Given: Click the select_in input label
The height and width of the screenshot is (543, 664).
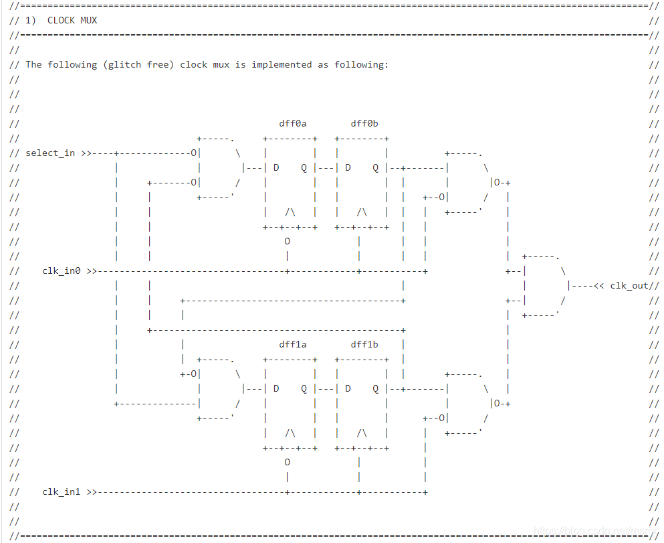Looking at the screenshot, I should pyautogui.click(x=50, y=153).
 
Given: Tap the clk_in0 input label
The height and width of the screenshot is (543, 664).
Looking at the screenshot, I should pyautogui.click(x=62, y=271).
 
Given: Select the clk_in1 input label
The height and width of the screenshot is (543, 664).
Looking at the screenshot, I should pyautogui.click(x=62, y=492).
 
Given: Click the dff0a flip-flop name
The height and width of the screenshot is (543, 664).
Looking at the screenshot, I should pyautogui.click(x=292, y=123).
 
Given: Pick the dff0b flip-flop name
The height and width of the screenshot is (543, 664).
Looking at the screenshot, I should pyautogui.click(x=364, y=123).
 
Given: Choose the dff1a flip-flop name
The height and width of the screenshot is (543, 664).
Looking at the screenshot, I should pyautogui.click(x=292, y=344).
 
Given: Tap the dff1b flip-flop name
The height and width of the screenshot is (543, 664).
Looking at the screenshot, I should pyautogui.click(x=364, y=344).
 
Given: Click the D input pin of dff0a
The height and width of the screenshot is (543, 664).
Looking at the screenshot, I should pyautogui.click(x=276, y=167).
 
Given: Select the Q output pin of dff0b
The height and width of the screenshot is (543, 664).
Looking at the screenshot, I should pyautogui.click(x=376, y=167).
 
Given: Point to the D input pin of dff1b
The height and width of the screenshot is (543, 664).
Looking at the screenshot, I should pyautogui.click(x=348, y=388).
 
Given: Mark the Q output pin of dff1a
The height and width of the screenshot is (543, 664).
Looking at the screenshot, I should pyautogui.click(x=304, y=388).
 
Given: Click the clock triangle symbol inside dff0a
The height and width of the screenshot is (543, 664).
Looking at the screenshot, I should pyautogui.click(x=290, y=212).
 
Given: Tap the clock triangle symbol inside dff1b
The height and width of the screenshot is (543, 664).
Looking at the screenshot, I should pyautogui.click(x=362, y=433).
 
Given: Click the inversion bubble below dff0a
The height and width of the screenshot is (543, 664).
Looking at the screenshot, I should pyautogui.click(x=287, y=241).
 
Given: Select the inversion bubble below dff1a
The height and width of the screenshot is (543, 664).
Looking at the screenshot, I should pyautogui.click(x=287, y=462).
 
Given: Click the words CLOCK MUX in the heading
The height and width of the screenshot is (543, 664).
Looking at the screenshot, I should pyautogui.click(x=72, y=20).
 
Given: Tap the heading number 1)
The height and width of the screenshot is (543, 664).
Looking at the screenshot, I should pyautogui.click(x=31, y=20).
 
